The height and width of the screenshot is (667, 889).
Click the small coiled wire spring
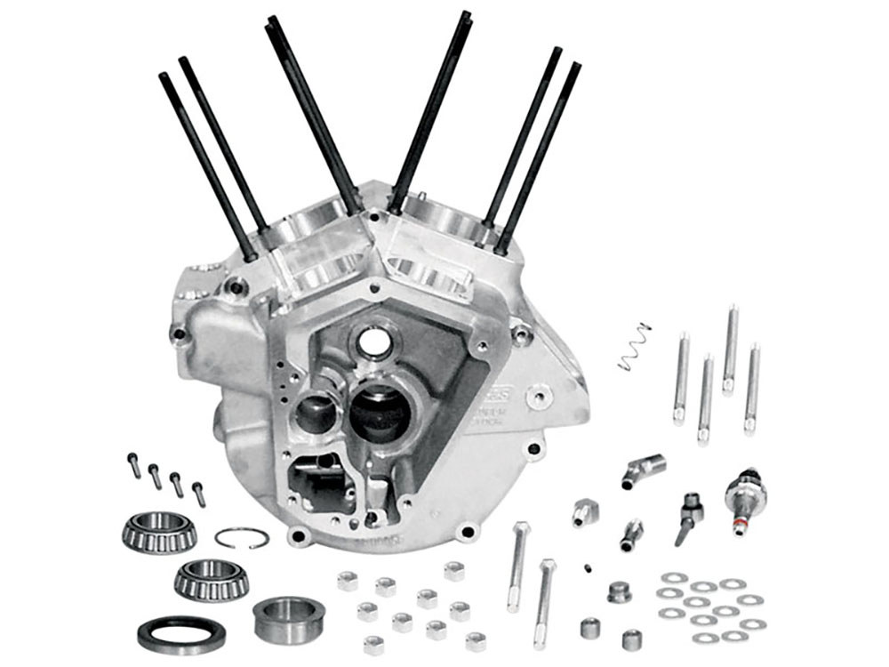(x=634, y=346)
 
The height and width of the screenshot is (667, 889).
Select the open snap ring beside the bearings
(x=242, y=537)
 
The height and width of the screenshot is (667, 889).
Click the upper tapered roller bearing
(x=158, y=531)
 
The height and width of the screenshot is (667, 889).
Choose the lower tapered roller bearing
(x=211, y=579)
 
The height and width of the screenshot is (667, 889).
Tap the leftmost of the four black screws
(x=133, y=464)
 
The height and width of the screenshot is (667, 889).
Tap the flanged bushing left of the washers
(x=620, y=591)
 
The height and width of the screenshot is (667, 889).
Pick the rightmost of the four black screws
(x=198, y=493)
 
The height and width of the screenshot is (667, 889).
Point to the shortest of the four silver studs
(x=705, y=398)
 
